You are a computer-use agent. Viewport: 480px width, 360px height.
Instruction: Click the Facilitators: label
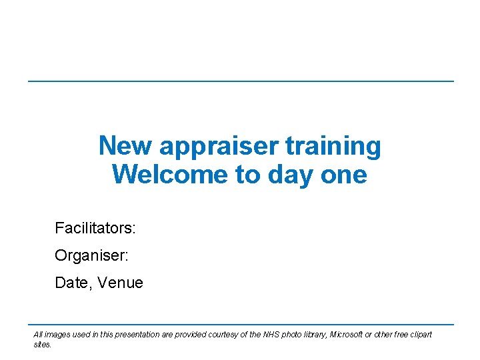[95, 229]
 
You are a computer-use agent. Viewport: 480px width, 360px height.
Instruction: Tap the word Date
[72, 283]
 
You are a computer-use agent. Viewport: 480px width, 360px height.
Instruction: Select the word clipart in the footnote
[419, 335]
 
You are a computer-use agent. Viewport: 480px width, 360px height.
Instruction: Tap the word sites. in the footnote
[42, 345]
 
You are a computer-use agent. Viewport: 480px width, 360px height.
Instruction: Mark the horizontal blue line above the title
[240, 81]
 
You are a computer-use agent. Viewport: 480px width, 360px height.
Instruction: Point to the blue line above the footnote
[240, 325]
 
